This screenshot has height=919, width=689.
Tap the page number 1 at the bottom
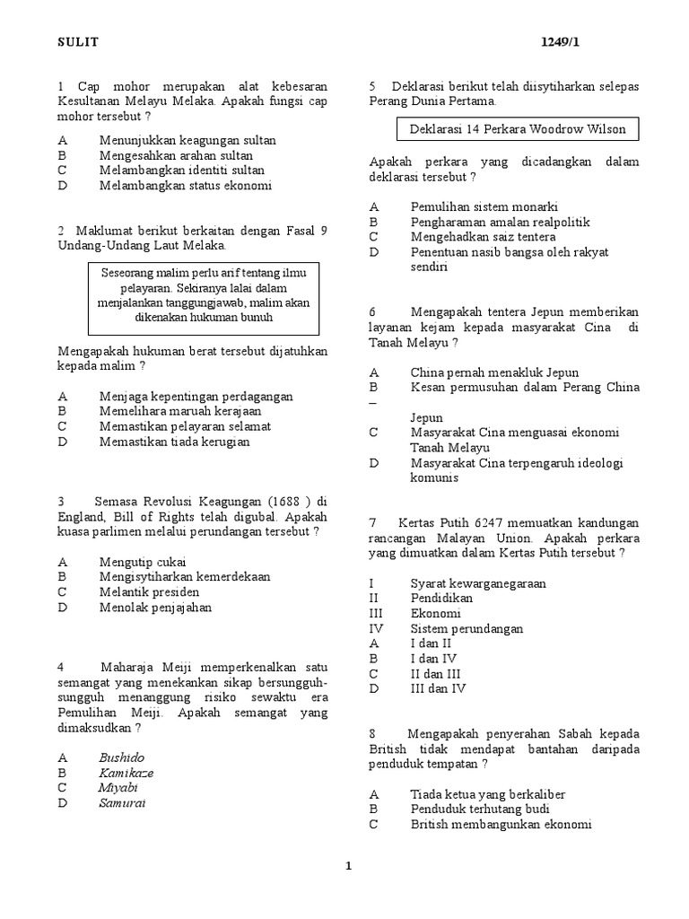coord(349,865)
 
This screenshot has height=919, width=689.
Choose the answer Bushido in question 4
coord(121,757)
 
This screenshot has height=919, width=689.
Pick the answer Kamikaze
coord(126,773)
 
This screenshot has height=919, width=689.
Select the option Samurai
coord(122,803)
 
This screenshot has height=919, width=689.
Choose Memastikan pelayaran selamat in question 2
coord(185,426)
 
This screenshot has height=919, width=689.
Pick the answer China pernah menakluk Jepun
coord(494,372)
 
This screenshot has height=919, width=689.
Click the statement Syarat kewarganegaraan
coord(478,583)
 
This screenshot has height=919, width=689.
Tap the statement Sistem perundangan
coord(467,629)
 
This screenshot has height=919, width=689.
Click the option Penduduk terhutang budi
coord(480,810)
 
